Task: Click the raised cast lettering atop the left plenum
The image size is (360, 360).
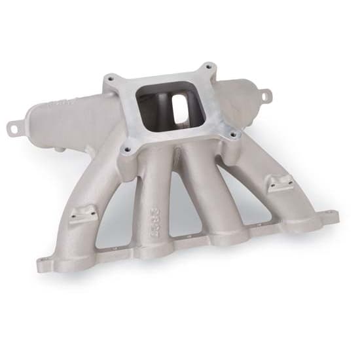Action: click(x=65, y=102)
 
